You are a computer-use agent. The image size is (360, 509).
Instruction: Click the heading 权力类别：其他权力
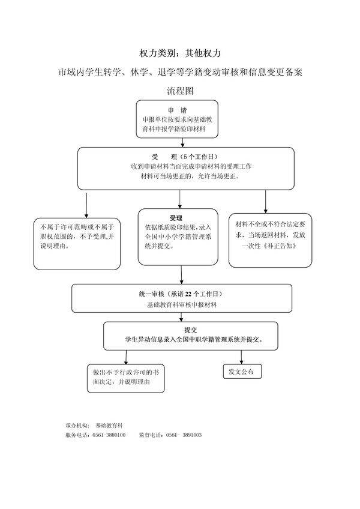pos(179,53)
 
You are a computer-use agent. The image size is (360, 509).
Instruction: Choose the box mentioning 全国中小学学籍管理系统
pos(178,236)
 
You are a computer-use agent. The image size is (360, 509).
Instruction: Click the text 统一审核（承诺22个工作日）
pos(180,294)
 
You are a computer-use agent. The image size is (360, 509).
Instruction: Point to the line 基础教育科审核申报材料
pos(182,305)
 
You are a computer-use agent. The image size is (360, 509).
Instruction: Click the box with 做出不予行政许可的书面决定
pos(125,377)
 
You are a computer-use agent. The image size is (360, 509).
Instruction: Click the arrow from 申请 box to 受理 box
pos(177,143)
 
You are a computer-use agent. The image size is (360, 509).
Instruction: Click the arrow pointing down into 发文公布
pos(241,357)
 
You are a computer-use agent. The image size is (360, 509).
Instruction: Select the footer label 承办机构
pos(77,424)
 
